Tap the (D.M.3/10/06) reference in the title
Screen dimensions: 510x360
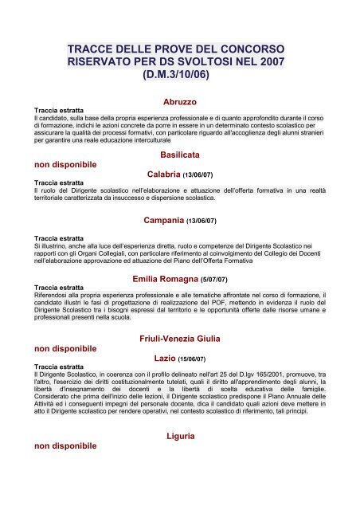[x=179, y=77]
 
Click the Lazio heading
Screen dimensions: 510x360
[x=165, y=359]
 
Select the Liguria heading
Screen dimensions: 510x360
[x=180, y=437]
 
